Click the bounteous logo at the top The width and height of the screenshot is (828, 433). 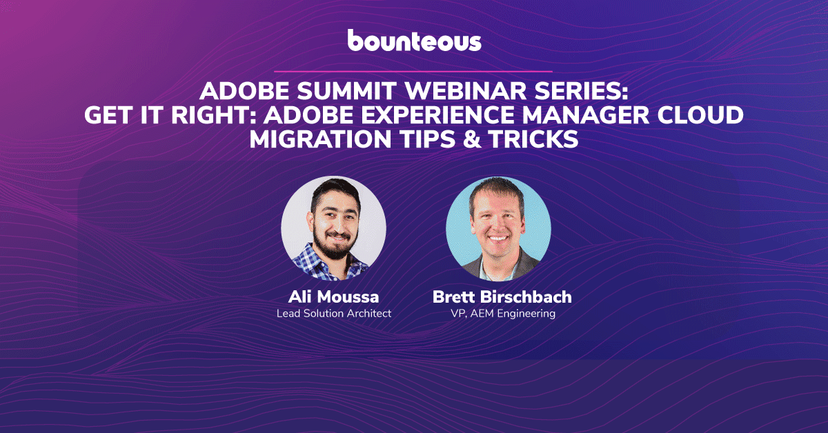(x=415, y=40)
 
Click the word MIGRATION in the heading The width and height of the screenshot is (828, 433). (x=320, y=139)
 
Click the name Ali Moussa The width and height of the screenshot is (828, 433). (x=333, y=296)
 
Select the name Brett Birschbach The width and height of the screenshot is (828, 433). (x=502, y=296)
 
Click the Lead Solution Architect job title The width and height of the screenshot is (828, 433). (x=334, y=313)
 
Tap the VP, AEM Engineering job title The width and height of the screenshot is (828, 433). (x=503, y=314)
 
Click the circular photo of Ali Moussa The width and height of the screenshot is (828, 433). (x=334, y=228)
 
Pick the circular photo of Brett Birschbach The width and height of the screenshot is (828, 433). (x=499, y=228)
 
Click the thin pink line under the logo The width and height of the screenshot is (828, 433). (x=413, y=71)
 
